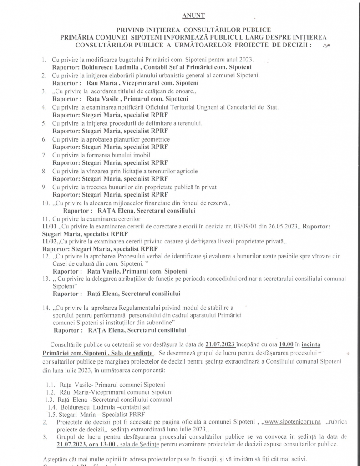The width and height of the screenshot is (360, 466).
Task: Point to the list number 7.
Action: click(44, 155)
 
